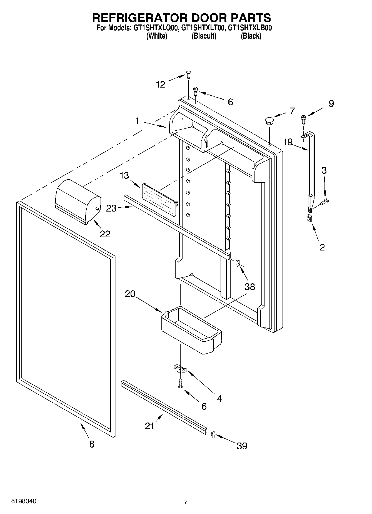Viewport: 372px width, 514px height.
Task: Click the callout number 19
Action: (x=288, y=142)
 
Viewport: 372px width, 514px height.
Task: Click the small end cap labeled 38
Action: (x=238, y=263)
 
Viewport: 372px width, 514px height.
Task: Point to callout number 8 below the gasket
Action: (x=92, y=444)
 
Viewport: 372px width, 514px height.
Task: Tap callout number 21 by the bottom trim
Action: (x=149, y=426)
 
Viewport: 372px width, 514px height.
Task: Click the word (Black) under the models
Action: (x=251, y=36)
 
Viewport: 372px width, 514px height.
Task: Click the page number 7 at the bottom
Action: (x=186, y=502)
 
